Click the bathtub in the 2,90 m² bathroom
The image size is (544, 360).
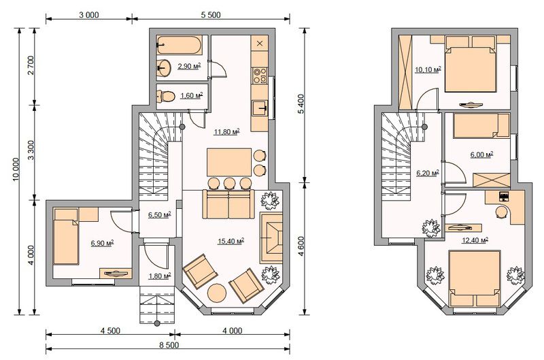click(x=179, y=45)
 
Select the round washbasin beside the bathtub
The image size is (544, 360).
click(x=163, y=67)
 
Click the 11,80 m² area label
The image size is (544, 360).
click(x=227, y=132)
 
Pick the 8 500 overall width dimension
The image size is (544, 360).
click(x=169, y=345)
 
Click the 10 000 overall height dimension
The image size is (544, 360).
click(x=16, y=169)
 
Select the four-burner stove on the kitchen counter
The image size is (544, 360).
click(x=260, y=76)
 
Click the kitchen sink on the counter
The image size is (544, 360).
click(x=260, y=109)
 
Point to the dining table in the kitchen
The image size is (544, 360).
click(x=229, y=162)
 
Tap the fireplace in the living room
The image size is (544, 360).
click(x=271, y=238)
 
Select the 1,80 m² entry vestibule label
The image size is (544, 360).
click(x=160, y=276)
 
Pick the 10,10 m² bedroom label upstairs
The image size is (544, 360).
click(x=428, y=69)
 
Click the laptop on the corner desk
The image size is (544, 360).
click(x=503, y=196)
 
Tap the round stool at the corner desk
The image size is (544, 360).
click(x=501, y=212)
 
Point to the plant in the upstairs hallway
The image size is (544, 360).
click(x=431, y=229)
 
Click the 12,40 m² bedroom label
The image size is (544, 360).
click(x=475, y=240)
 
